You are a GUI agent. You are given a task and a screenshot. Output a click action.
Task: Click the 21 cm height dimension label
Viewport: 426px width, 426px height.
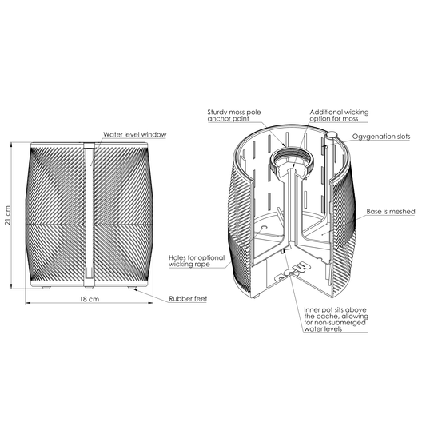click(8, 215)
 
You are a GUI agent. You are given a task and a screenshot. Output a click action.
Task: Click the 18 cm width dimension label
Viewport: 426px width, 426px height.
click(90, 299)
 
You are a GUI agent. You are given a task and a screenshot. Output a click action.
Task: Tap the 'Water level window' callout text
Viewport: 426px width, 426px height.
click(135, 134)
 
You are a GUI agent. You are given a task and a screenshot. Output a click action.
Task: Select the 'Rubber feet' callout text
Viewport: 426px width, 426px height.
click(188, 299)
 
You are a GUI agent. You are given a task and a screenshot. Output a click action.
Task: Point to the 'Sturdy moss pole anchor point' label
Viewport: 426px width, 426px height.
click(234, 115)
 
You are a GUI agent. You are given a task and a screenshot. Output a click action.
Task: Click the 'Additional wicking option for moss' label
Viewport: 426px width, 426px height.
click(339, 115)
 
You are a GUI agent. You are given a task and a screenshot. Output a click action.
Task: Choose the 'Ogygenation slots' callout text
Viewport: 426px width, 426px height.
click(381, 137)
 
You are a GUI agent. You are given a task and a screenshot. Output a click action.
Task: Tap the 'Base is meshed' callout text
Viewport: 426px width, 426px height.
click(391, 211)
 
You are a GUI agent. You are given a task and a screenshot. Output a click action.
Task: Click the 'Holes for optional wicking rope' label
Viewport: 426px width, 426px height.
click(197, 261)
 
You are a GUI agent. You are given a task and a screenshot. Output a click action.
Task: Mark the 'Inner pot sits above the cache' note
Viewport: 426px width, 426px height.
click(336, 319)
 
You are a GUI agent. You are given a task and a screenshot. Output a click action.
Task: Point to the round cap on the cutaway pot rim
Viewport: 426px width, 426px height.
click(332, 135)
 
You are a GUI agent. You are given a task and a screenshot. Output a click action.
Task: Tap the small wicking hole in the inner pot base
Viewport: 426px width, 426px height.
click(264, 227)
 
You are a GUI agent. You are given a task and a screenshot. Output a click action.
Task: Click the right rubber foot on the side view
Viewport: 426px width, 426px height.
click(133, 288)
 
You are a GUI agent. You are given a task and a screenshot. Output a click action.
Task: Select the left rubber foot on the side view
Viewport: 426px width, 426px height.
click(46, 288)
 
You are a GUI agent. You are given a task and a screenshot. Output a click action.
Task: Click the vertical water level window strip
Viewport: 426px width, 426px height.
click(89, 215)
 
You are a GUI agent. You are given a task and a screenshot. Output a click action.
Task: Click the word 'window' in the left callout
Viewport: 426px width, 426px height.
click(153, 134)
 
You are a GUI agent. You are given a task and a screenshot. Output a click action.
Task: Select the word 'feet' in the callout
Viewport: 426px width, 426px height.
click(200, 299)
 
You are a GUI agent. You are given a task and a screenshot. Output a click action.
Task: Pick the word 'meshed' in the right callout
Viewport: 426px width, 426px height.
click(402, 211)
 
